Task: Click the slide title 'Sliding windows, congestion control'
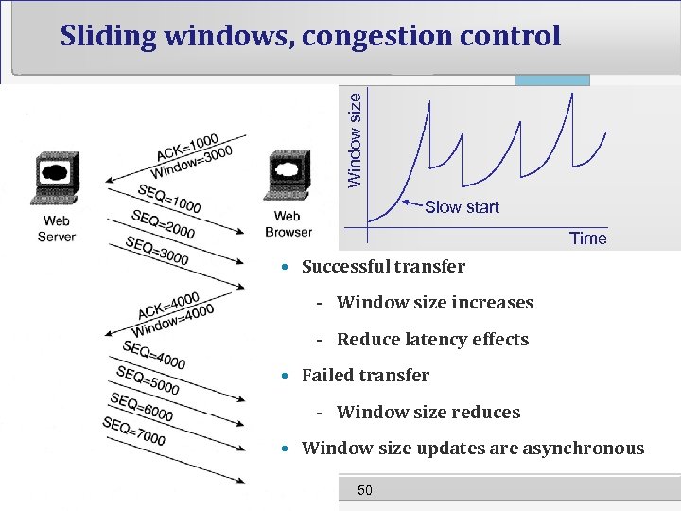tap(310, 36)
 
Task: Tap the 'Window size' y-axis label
tap(353, 138)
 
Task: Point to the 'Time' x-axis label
tap(587, 238)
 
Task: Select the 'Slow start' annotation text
tap(462, 207)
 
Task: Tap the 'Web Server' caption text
tap(56, 229)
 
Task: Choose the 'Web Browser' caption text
tap(288, 224)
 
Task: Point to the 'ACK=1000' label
tap(186, 149)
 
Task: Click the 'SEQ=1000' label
tap(168, 198)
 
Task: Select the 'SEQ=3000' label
tap(157, 250)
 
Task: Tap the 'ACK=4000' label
tap(167, 305)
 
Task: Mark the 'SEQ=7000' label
tap(133, 432)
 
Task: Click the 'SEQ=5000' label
tap(147, 379)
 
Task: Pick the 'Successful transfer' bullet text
tap(383, 267)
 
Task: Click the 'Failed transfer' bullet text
tap(365, 376)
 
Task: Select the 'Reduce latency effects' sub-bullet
tap(432, 340)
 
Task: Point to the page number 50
tap(365, 489)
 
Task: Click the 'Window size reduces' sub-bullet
tap(428, 413)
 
